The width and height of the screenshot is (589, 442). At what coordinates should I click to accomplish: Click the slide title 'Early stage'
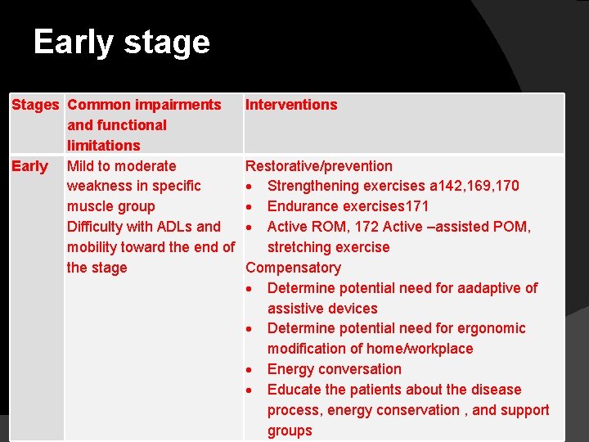click(x=121, y=43)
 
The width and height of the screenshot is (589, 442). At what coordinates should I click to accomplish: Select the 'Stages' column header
click(x=35, y=105)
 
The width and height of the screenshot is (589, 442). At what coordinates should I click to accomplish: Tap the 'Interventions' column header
click(x=291, y=105)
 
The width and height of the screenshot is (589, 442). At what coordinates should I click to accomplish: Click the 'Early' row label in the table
click(x=29, y=166)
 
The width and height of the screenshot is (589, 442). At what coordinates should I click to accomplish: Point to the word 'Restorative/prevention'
click(x=319, y=166)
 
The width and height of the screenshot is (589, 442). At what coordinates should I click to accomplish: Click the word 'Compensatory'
click(x=293, y=268)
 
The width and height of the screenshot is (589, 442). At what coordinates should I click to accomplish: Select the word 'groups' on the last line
click(x=290, y=431)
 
